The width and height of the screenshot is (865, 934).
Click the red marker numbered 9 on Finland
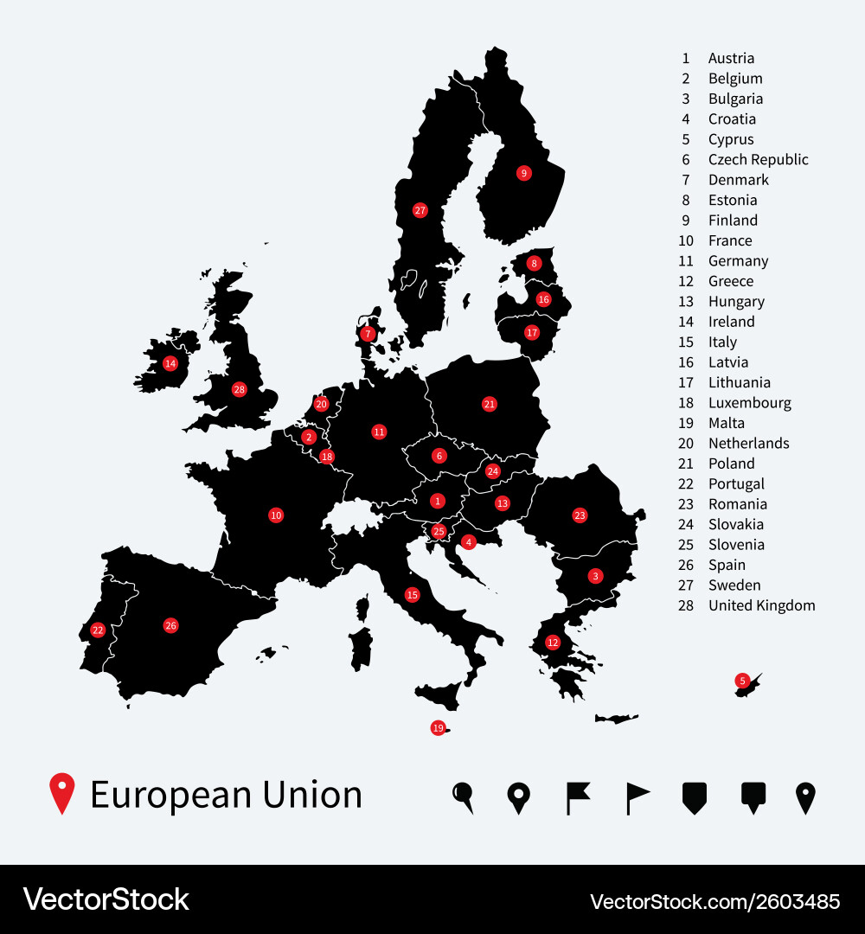coord(523,173)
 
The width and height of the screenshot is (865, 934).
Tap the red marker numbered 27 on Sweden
coord(420,210)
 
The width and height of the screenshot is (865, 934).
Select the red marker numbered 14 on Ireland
coord(170,363)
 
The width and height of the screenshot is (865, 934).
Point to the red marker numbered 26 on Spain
coord(170,625)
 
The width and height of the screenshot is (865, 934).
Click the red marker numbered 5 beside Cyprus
coord(742,681)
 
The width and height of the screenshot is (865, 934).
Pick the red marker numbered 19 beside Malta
coord(438,728)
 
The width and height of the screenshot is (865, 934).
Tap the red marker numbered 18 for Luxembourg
coord(326,457)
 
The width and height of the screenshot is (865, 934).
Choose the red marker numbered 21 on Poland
coord(490,404)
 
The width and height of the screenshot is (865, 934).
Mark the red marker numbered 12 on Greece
coord(553,643)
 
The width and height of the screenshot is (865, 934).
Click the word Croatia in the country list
coord(732,119)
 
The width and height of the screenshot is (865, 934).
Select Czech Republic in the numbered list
coord(758,160)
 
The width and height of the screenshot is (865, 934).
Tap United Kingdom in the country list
coord(761,605)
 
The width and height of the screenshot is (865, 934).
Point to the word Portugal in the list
coord(736,484)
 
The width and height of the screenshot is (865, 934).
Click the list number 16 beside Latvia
coord(686,362)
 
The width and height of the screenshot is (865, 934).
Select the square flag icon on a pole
coord(577,797)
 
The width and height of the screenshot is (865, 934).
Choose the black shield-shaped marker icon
coord(695,797)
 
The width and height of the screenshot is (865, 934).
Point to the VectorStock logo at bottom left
coord(106,899)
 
